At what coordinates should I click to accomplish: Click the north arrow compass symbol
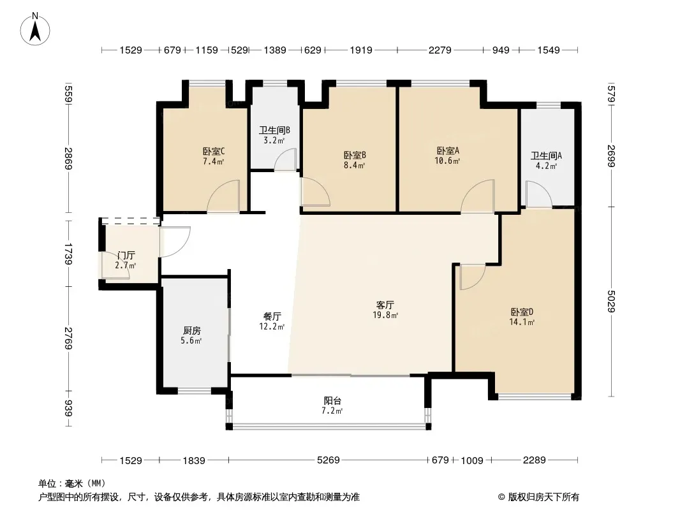click(x=35, y=29)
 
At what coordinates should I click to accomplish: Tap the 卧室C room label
click(x=213, y=152)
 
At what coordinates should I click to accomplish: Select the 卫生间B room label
click(x=274, y=130)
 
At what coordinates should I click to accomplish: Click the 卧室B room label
click(x=355, y=155)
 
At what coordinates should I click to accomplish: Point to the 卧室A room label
click(x=448, y=151)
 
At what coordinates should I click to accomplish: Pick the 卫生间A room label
click(x=546, y=156)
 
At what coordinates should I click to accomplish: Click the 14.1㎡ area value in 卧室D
click(x=522, y=322)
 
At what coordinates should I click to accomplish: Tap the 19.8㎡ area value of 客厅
click(x=385, y=315)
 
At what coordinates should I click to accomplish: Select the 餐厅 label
click(x=272, y=317)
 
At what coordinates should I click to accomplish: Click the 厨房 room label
click(x=191, y=331)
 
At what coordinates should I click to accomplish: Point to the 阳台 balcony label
click(x=332, y=401)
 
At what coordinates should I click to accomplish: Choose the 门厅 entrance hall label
click(x=126, y=256)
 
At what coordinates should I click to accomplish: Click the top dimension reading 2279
click(x=440, y=50)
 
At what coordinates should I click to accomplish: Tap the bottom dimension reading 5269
click(x=329, y=460)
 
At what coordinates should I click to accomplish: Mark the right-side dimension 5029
click(x=611, y=301)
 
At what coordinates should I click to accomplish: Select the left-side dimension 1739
click(x=68, y=254)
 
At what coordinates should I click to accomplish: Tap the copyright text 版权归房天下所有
click(x=543, y=497)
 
